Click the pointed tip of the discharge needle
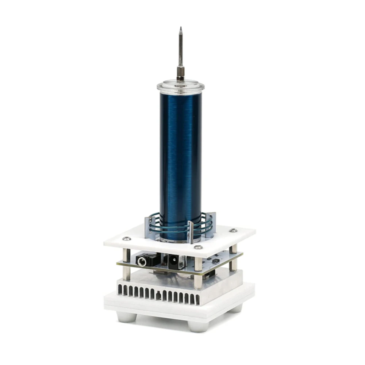(180, 28)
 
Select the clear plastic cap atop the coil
(180, 87)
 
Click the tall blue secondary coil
(180, 153)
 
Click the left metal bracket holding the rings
(149, 226)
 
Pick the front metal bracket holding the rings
(191, 232)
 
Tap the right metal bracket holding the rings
(211, 223)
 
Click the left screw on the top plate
(127, 239)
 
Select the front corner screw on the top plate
(198, 247)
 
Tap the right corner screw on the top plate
(232, 230)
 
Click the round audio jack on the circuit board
(142, 261)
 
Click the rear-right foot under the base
(237, 308)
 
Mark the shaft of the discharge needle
(180, 47)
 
